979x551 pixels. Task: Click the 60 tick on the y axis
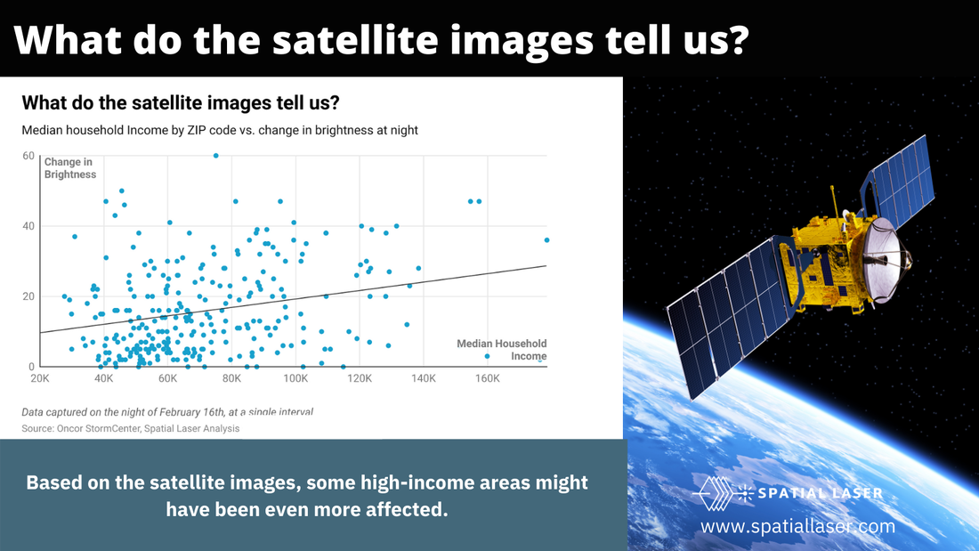pos(28,156)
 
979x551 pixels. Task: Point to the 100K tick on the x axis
pos(295,378)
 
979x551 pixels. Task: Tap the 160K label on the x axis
pos(487,378)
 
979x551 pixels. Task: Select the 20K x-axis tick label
pos(40,378)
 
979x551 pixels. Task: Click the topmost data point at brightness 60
pos(216,156)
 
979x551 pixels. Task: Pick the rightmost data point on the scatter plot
pos(547,239)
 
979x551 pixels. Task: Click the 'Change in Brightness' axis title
pos(70,168)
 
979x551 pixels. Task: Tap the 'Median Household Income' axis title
pos(501,350)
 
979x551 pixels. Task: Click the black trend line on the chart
pos(293,299)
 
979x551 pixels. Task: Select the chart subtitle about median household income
pos(220,130)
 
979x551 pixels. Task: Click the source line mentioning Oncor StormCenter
pos(131,428)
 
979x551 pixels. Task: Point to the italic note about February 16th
pos(167,411)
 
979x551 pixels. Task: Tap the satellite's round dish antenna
pos(887,257)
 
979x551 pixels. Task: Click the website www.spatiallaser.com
pos(798,526)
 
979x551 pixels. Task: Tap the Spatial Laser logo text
pos(820,493)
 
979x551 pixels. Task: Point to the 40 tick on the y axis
pos(28,226)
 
